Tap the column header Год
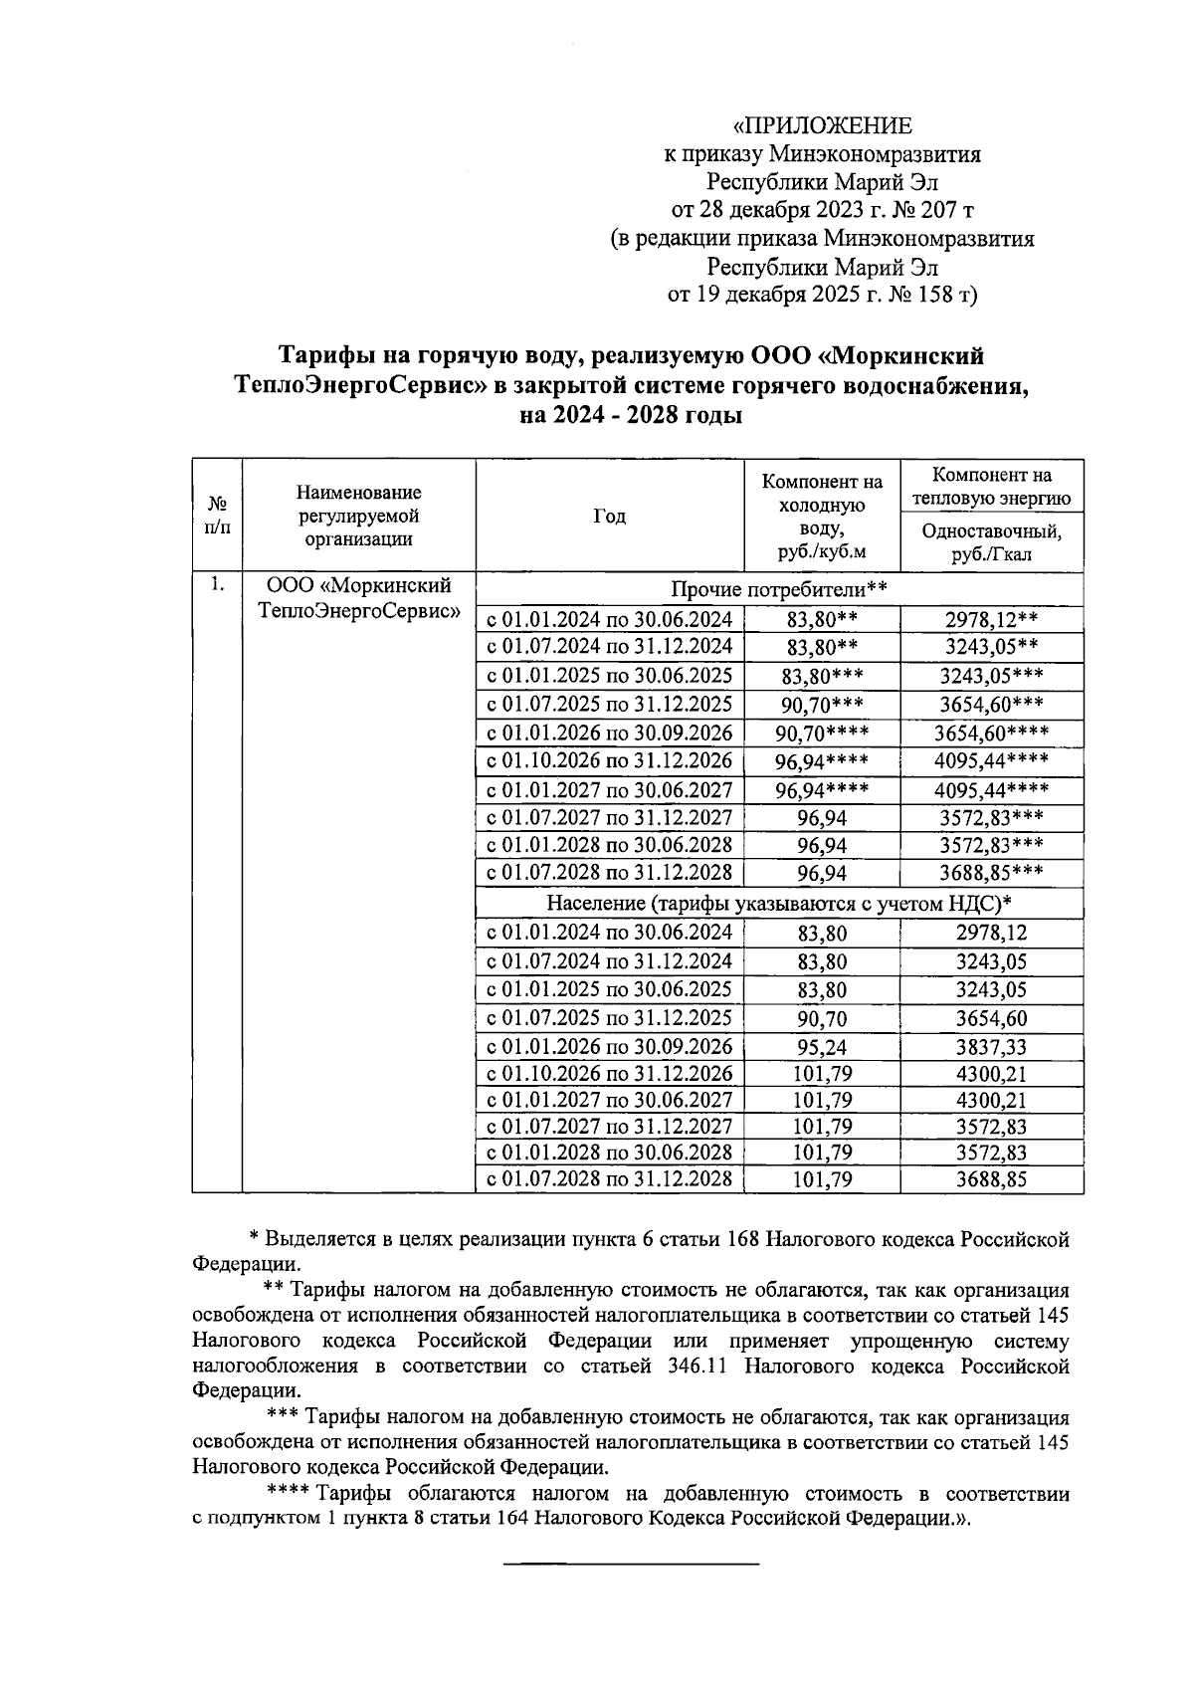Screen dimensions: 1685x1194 (x=609, y=516)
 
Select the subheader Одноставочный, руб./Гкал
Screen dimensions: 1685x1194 (x=991, y=542)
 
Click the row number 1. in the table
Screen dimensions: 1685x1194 (x=217, y=585)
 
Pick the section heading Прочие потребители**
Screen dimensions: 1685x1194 (x=779, y=589)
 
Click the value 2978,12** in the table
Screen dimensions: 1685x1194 (x=991, y=620)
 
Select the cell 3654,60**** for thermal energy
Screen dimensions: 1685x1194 (x=991, y=734)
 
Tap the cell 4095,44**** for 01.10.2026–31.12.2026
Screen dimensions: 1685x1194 (x=991, y=761)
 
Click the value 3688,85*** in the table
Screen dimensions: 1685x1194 (x=991, y=874)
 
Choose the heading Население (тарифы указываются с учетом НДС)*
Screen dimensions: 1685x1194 (x=779, y=904)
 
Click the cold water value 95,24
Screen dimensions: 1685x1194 (x=822, y=1047)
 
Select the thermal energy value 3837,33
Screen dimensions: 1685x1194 (x=991, y=1047)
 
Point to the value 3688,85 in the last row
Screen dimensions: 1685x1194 (x=991, y=1180)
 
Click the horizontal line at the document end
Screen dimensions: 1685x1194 (x=631, y=1566)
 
